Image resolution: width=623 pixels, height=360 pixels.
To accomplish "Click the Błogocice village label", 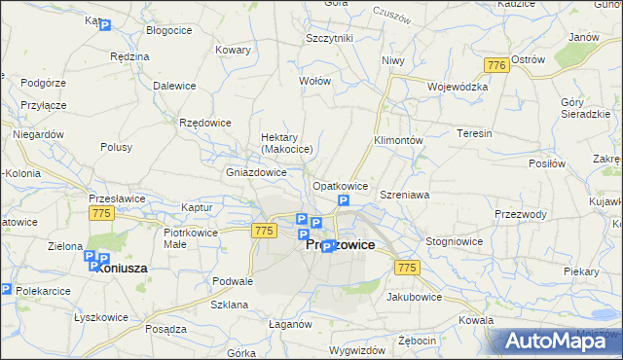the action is [x=167, y=31].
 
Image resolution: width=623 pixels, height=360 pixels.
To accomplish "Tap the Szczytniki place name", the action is [x=329, y=38].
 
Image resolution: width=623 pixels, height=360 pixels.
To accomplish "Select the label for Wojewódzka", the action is [x=457, y=87].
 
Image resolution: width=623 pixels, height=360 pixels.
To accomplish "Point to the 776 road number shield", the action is [x=496, y=64].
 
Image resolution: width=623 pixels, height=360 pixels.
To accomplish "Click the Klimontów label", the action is [x=398, y=140].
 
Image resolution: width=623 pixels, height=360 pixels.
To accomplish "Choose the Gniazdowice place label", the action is [x=256, y=172].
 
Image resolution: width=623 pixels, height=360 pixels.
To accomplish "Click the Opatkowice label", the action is [x=339, y=186].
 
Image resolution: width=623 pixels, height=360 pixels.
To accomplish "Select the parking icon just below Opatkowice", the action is [x=343, y=201].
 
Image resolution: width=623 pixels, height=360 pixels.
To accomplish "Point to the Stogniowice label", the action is [x=455, y=240].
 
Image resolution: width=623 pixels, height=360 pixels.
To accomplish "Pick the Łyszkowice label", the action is [x=103, y=318].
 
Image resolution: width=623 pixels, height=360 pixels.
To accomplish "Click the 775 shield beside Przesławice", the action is [x=100, y=212].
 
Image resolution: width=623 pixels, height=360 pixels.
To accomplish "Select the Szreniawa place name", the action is [x=405, y=196].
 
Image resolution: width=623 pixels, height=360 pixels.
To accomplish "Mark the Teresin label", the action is [x=474, y=133].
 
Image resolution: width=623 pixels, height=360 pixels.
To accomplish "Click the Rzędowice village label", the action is [x=205, y=122].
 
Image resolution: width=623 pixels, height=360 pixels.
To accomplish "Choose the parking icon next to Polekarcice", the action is [x=6, y=289].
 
